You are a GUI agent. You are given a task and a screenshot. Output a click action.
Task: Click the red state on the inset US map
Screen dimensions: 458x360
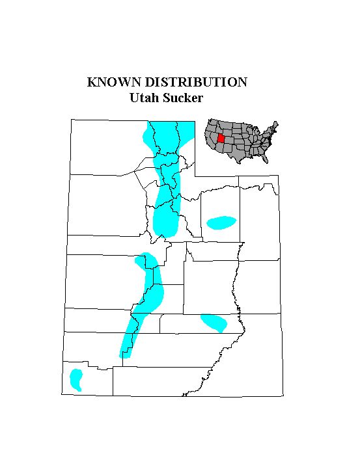pyautogui.click(x=223, y=138)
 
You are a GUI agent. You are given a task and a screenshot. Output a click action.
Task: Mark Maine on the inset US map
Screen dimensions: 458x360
pyautogui.click(x=275, y=124)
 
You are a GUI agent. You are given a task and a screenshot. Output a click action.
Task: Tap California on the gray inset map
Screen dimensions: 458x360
pyautogui.click(x=210, y=139)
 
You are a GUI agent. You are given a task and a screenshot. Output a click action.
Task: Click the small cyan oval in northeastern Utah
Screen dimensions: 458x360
pyautogui.click(x=221, y=222)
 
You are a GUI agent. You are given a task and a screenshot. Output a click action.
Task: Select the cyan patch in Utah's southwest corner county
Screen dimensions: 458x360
pyautogui.click(x=76, y=379)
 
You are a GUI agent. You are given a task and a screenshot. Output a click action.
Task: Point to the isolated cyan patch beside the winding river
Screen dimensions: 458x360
pyautogui.click(x=214, y=322)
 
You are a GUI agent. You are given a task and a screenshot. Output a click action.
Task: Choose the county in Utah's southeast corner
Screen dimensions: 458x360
pyautogui.click(x=254, y=364)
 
